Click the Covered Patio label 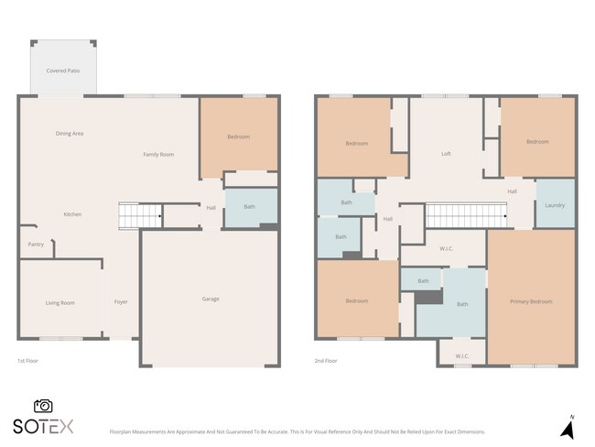62,71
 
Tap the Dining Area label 70,134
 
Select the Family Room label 158,154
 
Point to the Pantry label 36,244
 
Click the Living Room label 59,302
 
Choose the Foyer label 120,302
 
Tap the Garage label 211,299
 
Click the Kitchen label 72,214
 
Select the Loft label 446,153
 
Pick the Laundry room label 555,204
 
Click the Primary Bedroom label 531,301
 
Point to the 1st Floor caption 28,361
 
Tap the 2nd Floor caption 325,361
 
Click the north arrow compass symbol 567,426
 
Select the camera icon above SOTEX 42,406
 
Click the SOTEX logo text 42,426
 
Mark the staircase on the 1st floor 140,216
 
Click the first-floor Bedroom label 238,137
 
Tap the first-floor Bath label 249,207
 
